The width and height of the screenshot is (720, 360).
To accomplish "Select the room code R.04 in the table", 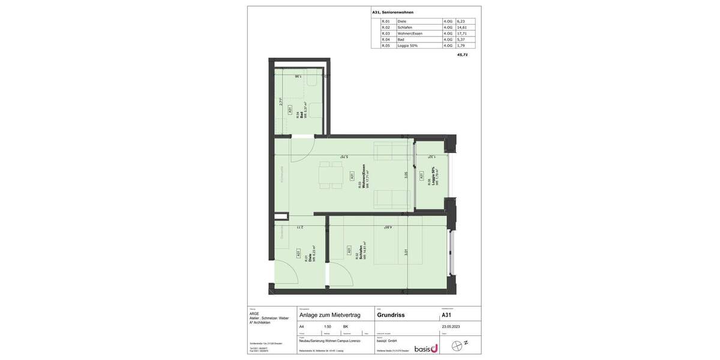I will pyautogui.click(x=386, y=40).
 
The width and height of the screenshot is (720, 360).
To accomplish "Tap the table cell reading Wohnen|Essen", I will pyautogui.click(x=410, y=34).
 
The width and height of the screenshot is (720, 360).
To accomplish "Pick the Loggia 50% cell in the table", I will pyautogui.click(x=407, y=46).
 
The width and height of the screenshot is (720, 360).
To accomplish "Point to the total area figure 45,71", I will pyautogui.click(x=462, y=55).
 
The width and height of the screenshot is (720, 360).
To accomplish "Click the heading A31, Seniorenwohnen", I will pyautogui.click(x=392, y=12).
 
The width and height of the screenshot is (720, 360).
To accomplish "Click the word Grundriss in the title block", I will pyautogui.click(x=391, y=315).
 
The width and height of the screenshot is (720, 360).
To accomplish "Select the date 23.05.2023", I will pyautogui.click(x=451, y=327).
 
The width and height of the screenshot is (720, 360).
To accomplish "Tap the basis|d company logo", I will pyautogui.click(x=425, y=349).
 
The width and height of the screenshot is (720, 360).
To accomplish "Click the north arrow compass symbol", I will pyautogui.click(x=458, y=346).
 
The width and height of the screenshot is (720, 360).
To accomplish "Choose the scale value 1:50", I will pyautogui.click(x=327, y=327).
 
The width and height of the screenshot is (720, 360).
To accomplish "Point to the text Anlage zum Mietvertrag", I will pyautogui.click(x=329, y=315).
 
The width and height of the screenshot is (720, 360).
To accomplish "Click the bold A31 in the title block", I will pyautogui.click(x=446, y=315).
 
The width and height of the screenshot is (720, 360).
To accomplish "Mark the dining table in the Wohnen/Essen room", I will pyautogui.click(x=331, y=175).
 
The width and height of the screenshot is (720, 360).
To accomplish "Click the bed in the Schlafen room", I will pyautogui.click(x=398, y=246).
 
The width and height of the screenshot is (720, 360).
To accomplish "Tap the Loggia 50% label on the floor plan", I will pyautogui.click(x=433, y=176).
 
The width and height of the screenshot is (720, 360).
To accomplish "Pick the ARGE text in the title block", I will pyautogui.click(x=254, y=314).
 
